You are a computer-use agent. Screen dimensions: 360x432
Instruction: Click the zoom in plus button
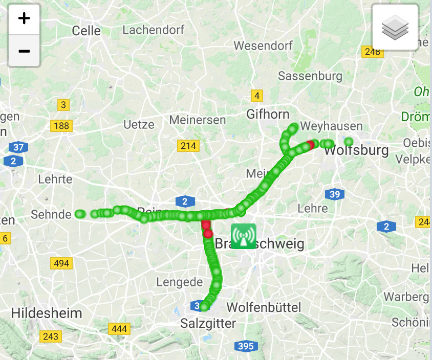24,19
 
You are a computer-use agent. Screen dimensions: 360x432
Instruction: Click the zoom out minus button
24,51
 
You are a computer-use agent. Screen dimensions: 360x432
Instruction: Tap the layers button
395,27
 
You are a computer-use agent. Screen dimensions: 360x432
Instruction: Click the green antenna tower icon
243,236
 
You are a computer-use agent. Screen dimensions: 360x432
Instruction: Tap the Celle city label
87,31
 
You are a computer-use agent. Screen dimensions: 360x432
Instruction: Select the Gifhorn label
268,114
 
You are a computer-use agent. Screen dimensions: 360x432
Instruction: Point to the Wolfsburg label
356,151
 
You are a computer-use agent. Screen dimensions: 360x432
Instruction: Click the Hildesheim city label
47,312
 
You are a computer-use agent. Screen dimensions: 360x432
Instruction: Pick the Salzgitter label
208,324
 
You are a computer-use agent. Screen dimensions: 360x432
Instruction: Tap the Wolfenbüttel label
264,307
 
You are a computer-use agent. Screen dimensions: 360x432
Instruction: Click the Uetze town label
139,124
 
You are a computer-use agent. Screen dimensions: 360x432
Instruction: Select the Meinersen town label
197,120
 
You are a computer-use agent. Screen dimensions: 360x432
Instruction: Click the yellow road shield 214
188,146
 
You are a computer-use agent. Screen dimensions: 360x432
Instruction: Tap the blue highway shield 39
334,194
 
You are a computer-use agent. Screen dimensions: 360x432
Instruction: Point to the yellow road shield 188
61,126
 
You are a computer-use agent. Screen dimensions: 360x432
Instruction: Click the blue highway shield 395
246,346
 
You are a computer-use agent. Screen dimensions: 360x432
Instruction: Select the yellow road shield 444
119,329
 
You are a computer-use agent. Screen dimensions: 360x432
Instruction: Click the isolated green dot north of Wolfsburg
349,142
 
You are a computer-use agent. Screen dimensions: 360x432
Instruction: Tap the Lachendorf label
153,30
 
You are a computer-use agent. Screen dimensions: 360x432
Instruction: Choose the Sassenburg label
310,76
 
